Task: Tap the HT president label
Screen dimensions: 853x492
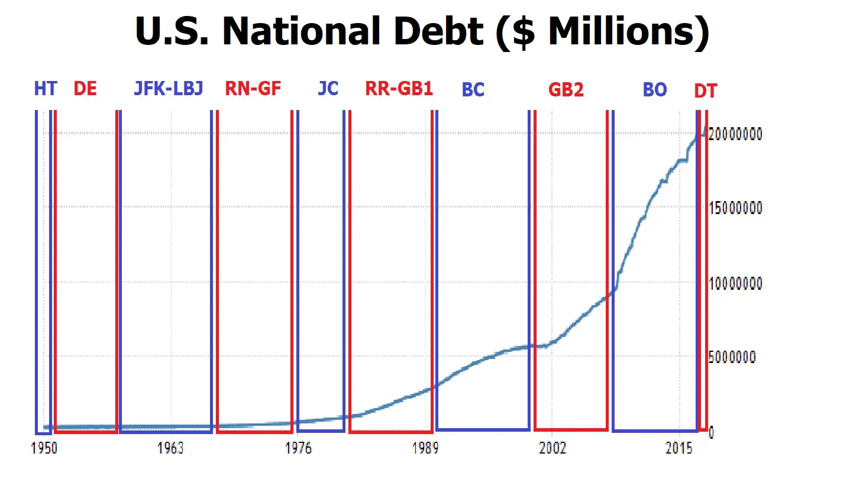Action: point(46,89)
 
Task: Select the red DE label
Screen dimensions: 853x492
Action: point(85,89)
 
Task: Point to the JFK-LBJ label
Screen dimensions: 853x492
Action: point(169,88)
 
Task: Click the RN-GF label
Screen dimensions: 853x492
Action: point(253,88)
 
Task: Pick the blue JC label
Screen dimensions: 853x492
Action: point(328,88)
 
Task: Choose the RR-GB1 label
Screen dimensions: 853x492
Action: point(399,88)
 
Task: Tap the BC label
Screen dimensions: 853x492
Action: point(473,90)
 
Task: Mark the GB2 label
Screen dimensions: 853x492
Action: point(566,90)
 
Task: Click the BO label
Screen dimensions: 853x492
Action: point(655,90)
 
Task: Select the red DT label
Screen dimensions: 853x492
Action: point(706,91)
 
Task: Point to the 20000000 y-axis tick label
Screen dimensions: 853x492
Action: point(735,134)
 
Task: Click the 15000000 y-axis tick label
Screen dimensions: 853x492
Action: point(735,208)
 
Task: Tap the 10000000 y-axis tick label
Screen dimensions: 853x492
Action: point(735,283)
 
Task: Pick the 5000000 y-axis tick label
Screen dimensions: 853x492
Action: point(732,357)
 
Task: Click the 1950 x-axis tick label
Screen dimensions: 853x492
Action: point(44,448)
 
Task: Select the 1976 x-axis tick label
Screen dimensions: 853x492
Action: point(299,448)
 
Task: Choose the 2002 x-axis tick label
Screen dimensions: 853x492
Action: point(552,448)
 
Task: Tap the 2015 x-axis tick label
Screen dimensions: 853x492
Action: point(679,448)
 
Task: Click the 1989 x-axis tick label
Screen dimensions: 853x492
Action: point(425,448)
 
